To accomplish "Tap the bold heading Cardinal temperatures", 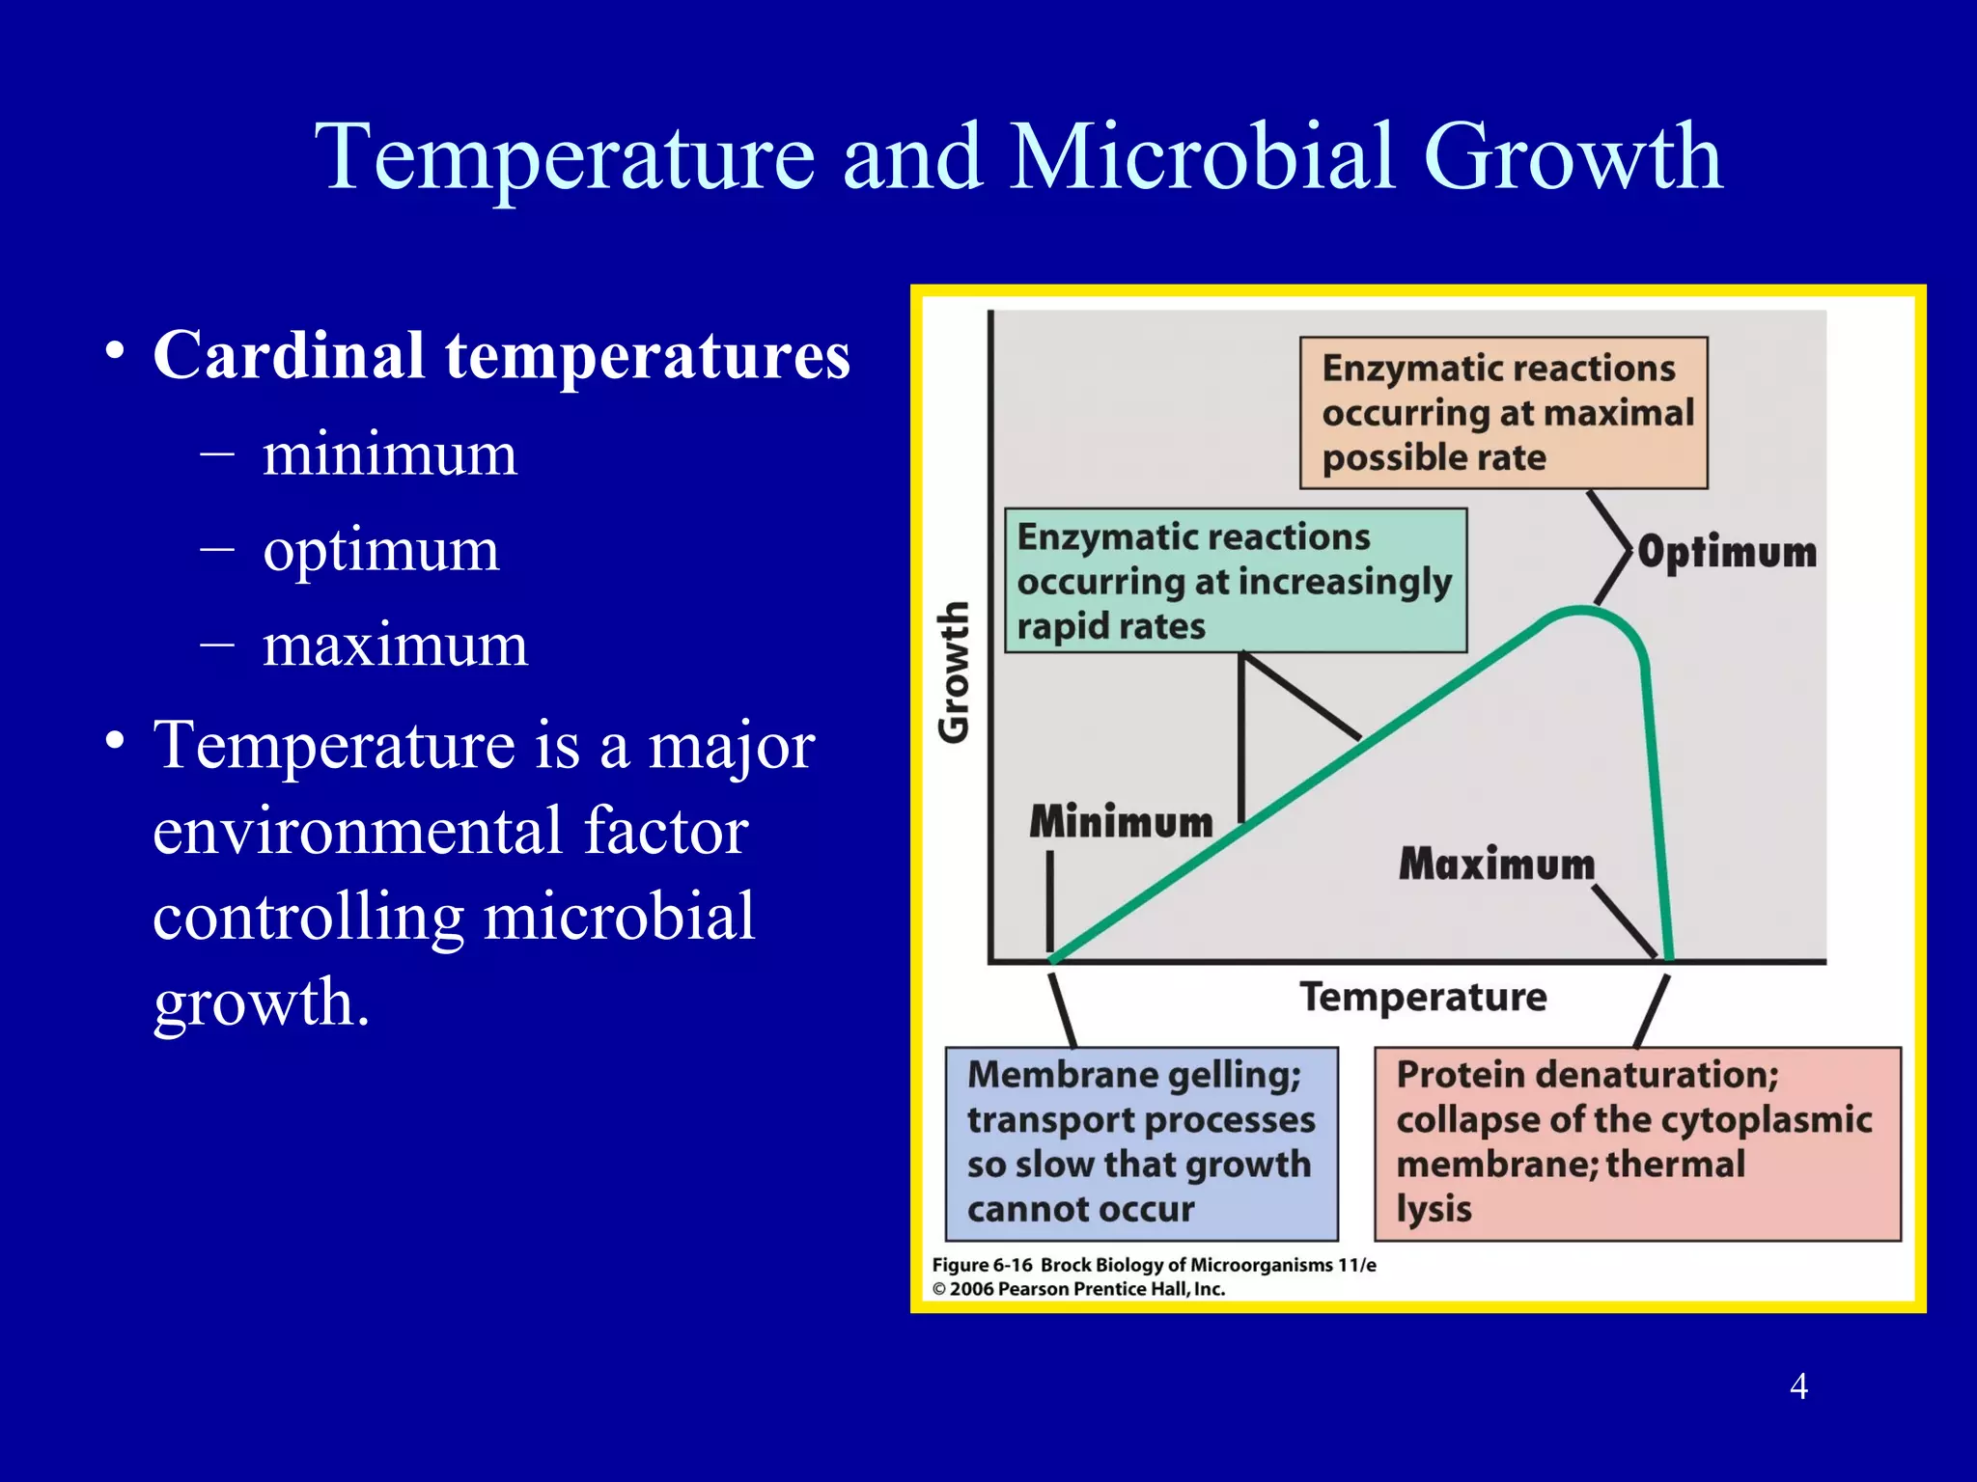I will (x=501, y=356).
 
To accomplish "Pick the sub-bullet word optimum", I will (x=381, y=550).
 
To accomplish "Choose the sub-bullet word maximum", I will (x=395, y=645).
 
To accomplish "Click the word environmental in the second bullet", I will (x=450, y=831).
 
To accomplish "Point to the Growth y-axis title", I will (x=954, y=672).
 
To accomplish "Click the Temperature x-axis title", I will (x=1422, y=997).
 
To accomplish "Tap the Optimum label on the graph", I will (x=1727, y=553).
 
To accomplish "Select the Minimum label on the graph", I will (x=1121, y=822).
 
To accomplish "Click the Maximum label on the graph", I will (x=1496, y=864).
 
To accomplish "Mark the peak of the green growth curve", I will (x=1579, y=610).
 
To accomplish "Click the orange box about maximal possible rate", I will (x=1503, y=413).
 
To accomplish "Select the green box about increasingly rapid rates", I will (x=1235, y=582).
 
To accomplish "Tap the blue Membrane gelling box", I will (x=1141, y=1143).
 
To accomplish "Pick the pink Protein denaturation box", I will (x=1636, y=1143).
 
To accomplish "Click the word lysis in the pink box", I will (x=1434, y=1210).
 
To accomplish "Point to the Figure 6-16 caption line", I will (x=1154, y=1265).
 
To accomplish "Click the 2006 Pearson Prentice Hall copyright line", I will (x=1078, y=1289).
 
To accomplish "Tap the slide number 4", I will (x=1798, y=1386).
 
